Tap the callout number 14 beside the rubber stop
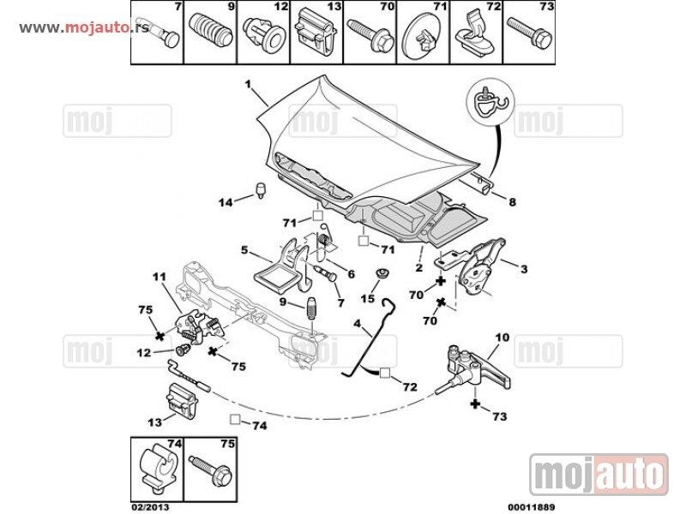click(x=225, y=203)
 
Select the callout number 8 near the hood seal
click(x=512, y=203)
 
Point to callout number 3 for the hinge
click(x=524, y=269)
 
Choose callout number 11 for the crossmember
click(x=158, y=276)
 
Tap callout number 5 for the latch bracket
click(x=244, y=251)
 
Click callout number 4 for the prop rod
click(x=357, y=325)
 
